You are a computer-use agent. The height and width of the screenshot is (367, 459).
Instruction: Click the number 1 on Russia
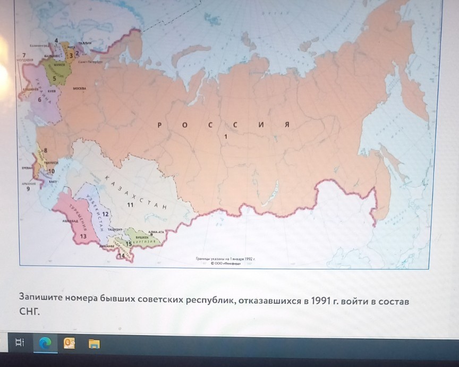click(226, 136)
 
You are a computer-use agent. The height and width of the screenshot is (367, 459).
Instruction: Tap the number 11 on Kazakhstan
click(130, 203)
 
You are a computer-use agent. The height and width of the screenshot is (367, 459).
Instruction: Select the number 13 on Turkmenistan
click(83, 235)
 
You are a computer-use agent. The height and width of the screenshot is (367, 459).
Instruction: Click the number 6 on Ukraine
click(39, 99)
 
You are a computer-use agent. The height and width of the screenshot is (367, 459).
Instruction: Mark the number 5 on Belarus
click(54, 78)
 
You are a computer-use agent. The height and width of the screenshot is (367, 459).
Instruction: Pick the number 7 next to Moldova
click(23, 55)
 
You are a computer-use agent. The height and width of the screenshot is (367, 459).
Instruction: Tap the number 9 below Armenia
click(29, 188)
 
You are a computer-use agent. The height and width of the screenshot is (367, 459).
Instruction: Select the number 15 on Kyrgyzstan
click(128, 243)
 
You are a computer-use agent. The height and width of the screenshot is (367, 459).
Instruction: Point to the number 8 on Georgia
click(45, 151)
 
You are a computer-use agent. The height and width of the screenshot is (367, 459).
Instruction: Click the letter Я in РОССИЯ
click(286, 125)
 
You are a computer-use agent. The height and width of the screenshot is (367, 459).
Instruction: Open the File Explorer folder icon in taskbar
click(94, 344)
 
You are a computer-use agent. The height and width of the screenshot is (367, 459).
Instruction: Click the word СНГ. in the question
click(30, 312)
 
